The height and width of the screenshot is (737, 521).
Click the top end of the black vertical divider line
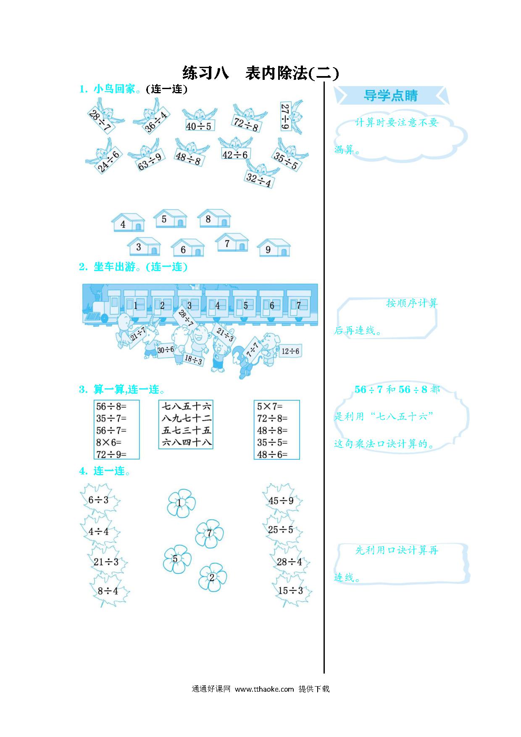(x=324, y=82)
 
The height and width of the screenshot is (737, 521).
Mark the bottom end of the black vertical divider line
(x=324, y=673)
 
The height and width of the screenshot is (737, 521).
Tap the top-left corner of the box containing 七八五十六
(x=159, y=400)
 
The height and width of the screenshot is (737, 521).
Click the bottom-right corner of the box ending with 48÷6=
(x=300, y=459)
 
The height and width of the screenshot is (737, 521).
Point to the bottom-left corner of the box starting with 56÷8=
(x=94, y=459)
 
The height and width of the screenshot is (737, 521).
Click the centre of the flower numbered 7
(x=209, y=533)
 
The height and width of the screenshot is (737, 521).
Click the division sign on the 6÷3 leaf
(x=98, y=500)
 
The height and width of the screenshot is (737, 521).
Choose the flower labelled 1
(x=181, y=503)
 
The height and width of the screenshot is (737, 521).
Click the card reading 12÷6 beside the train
(x=290, y=351)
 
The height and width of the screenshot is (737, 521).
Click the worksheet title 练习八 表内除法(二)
(x=260, y=73)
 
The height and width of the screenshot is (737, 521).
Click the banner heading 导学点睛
(x=391, y=96)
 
